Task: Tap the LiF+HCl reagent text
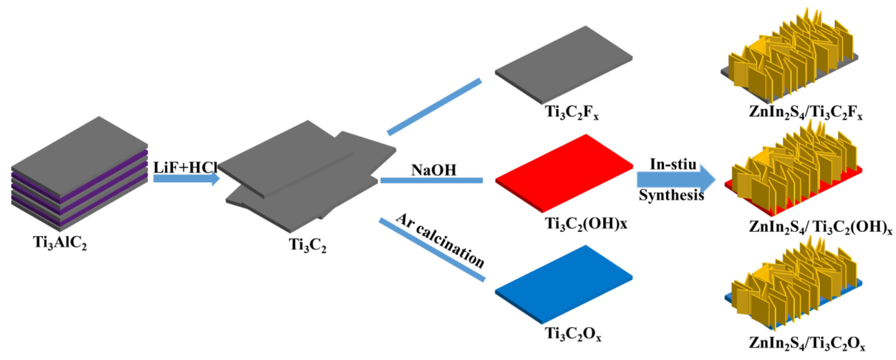pyautogui.click(x=185, y=168)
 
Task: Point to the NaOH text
pyautogui.click(x=434, y=170)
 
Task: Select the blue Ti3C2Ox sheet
pyautogui.click(x=563, y=283)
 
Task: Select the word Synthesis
pyautogui.click(x=671, y=195)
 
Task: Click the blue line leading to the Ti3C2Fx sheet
pyautogui.click(x=435, y=106)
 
